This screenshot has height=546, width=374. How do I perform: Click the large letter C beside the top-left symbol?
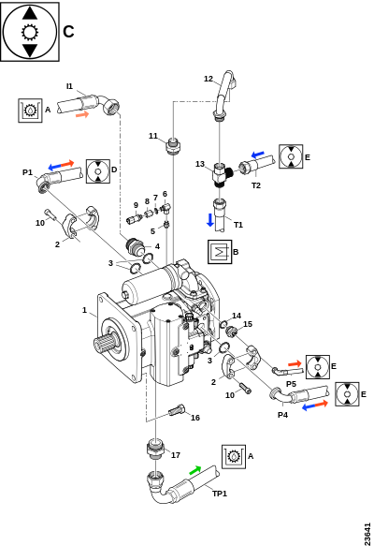[68, 32]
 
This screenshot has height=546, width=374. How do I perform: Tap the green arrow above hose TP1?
[195, 470]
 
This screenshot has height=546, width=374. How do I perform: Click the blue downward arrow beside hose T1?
[210, 220]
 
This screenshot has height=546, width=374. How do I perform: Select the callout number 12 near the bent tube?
[209, 79]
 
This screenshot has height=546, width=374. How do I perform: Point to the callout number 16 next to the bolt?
[195, 418]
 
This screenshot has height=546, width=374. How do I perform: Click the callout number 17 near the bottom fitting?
[176, 455]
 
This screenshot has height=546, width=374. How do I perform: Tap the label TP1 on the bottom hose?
[220, 494]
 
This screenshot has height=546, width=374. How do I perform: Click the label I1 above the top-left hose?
[70, 86]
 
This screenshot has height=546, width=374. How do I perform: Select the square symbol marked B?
[220, 252]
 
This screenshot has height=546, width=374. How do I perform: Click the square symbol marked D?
[98, 171]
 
